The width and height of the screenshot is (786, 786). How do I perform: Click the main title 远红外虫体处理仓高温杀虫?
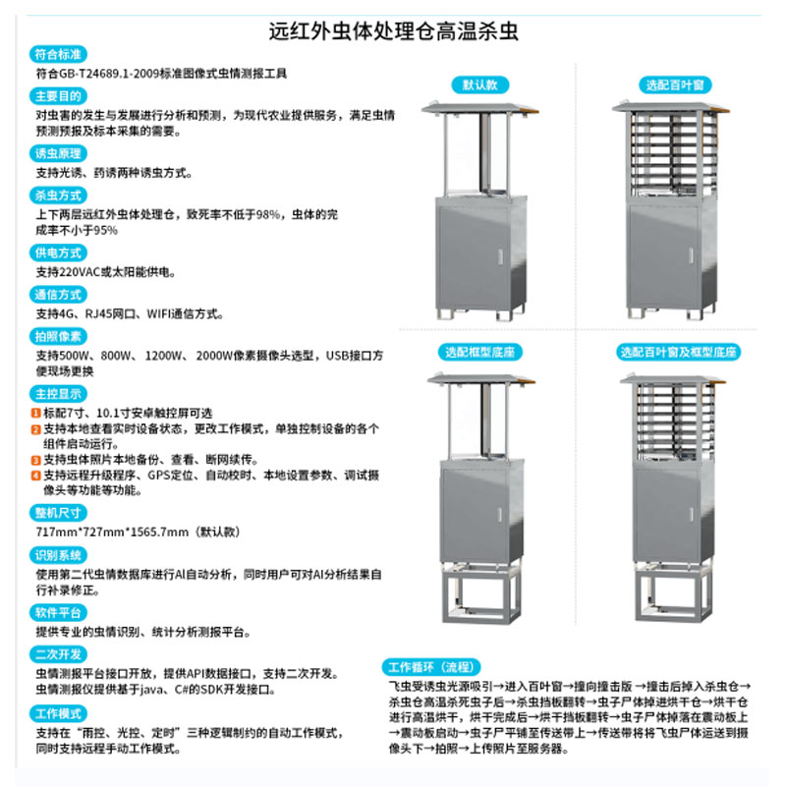[393, 30]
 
